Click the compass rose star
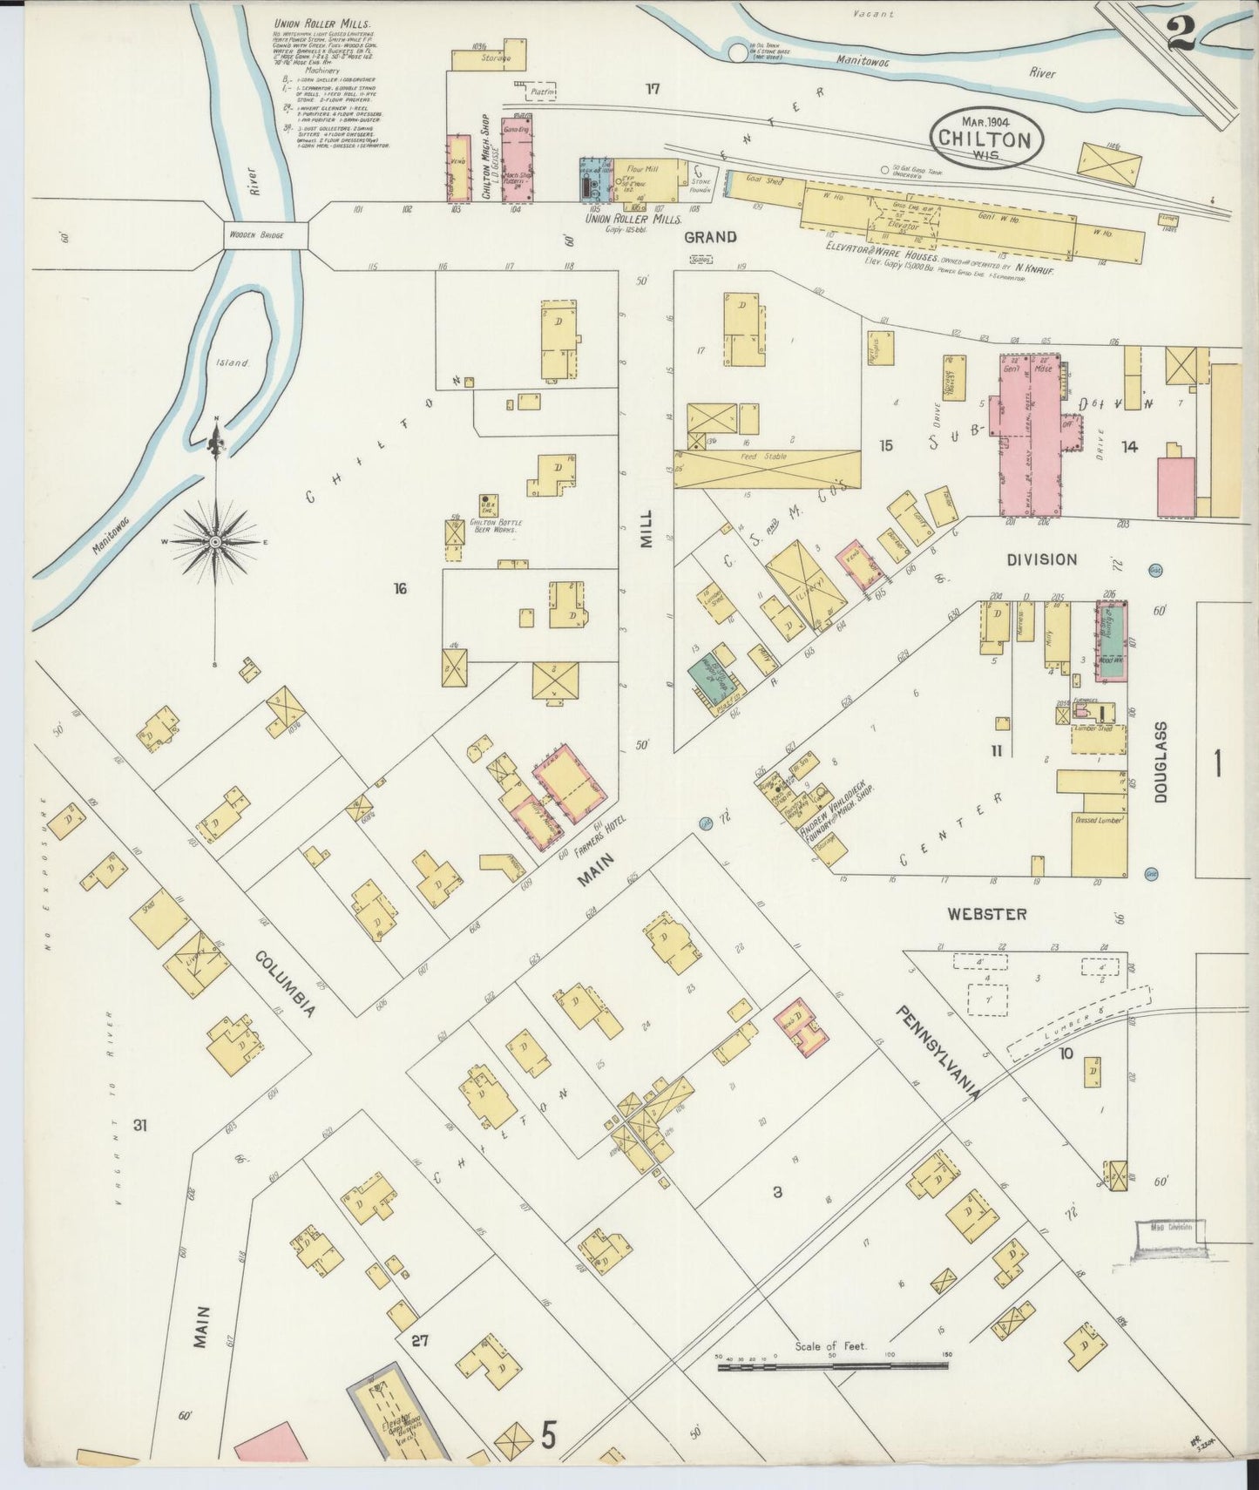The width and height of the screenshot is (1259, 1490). pos(215,542)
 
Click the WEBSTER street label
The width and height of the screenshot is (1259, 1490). pos(987,914)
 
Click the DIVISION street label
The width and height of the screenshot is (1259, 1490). pos(1042,559)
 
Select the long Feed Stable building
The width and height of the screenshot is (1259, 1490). pos(767,469)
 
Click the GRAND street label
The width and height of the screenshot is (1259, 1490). pos(709,237)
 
